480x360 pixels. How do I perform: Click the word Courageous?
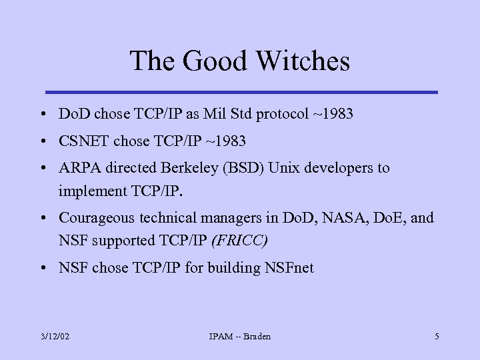point(96,217)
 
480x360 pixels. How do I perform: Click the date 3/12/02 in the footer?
point(54,337)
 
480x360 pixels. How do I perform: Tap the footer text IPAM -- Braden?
point(240,337)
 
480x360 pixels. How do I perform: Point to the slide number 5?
point(437,337)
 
